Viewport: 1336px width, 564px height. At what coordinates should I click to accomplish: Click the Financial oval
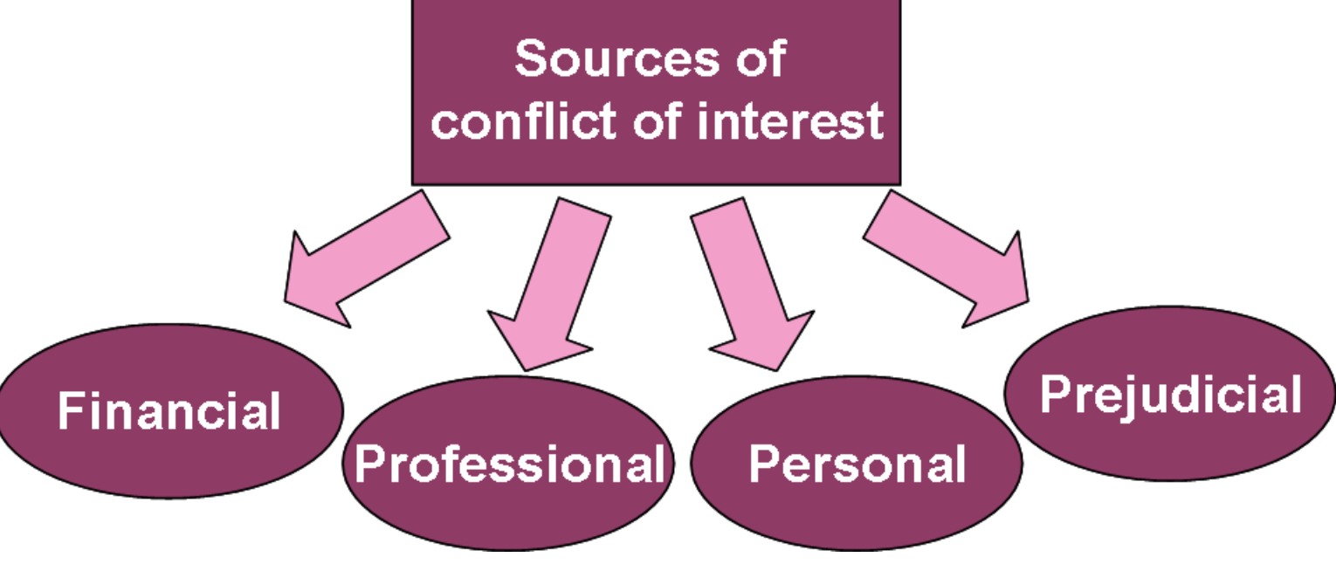169,411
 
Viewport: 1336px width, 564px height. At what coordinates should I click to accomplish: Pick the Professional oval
508,463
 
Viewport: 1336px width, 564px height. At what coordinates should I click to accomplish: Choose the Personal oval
857,464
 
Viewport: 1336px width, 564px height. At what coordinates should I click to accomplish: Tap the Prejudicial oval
1170,395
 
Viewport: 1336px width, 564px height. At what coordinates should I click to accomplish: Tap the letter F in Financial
71,410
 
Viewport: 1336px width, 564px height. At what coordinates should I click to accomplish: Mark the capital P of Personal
764,464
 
